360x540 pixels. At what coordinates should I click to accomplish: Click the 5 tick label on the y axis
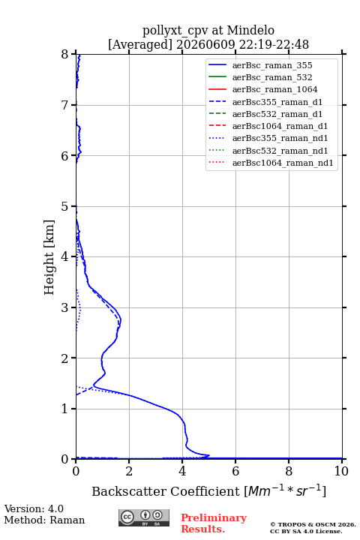pos(65,207)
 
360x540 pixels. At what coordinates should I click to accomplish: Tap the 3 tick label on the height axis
pos(65,307)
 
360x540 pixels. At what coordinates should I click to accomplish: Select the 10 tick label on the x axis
pos(341,471)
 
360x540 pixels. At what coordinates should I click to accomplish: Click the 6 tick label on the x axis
pos(235,471)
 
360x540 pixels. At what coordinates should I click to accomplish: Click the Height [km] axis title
pos(49,257)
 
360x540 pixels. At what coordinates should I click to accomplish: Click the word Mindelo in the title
pos(250,30)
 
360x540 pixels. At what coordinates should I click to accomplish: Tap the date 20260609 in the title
pos(205,45)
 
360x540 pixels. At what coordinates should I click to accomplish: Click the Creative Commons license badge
pos(144,518)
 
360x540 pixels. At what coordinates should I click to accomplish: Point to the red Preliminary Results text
pos(214,523)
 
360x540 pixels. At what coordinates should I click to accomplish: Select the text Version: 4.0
pos(34,509)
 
